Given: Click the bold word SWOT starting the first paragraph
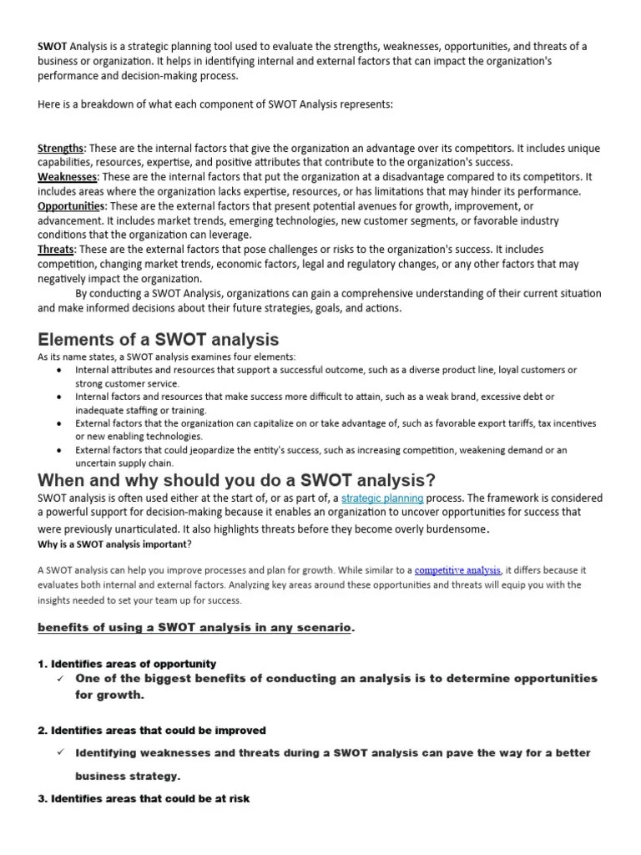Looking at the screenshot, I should tap(52, 47).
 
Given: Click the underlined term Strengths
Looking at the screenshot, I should tap(61, 149).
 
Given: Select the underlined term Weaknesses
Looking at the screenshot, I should tap(68, 177).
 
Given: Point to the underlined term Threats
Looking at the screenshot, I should tap(56, 250).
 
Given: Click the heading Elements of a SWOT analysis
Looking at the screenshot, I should tap(159, 339).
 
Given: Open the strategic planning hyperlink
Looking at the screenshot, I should tap(382, 498).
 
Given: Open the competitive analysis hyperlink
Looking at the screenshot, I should tap(458, 570).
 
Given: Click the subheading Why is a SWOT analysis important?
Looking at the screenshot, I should tap(115, 544).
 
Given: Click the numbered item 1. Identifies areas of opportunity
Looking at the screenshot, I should tap(127, 664).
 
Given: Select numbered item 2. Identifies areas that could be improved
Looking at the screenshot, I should tap(152, 730).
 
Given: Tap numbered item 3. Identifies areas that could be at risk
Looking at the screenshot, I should tap(144, 799).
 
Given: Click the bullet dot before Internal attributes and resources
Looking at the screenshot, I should tap(58, 370).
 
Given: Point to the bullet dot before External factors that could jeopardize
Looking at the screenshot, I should tap(58, 450).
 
